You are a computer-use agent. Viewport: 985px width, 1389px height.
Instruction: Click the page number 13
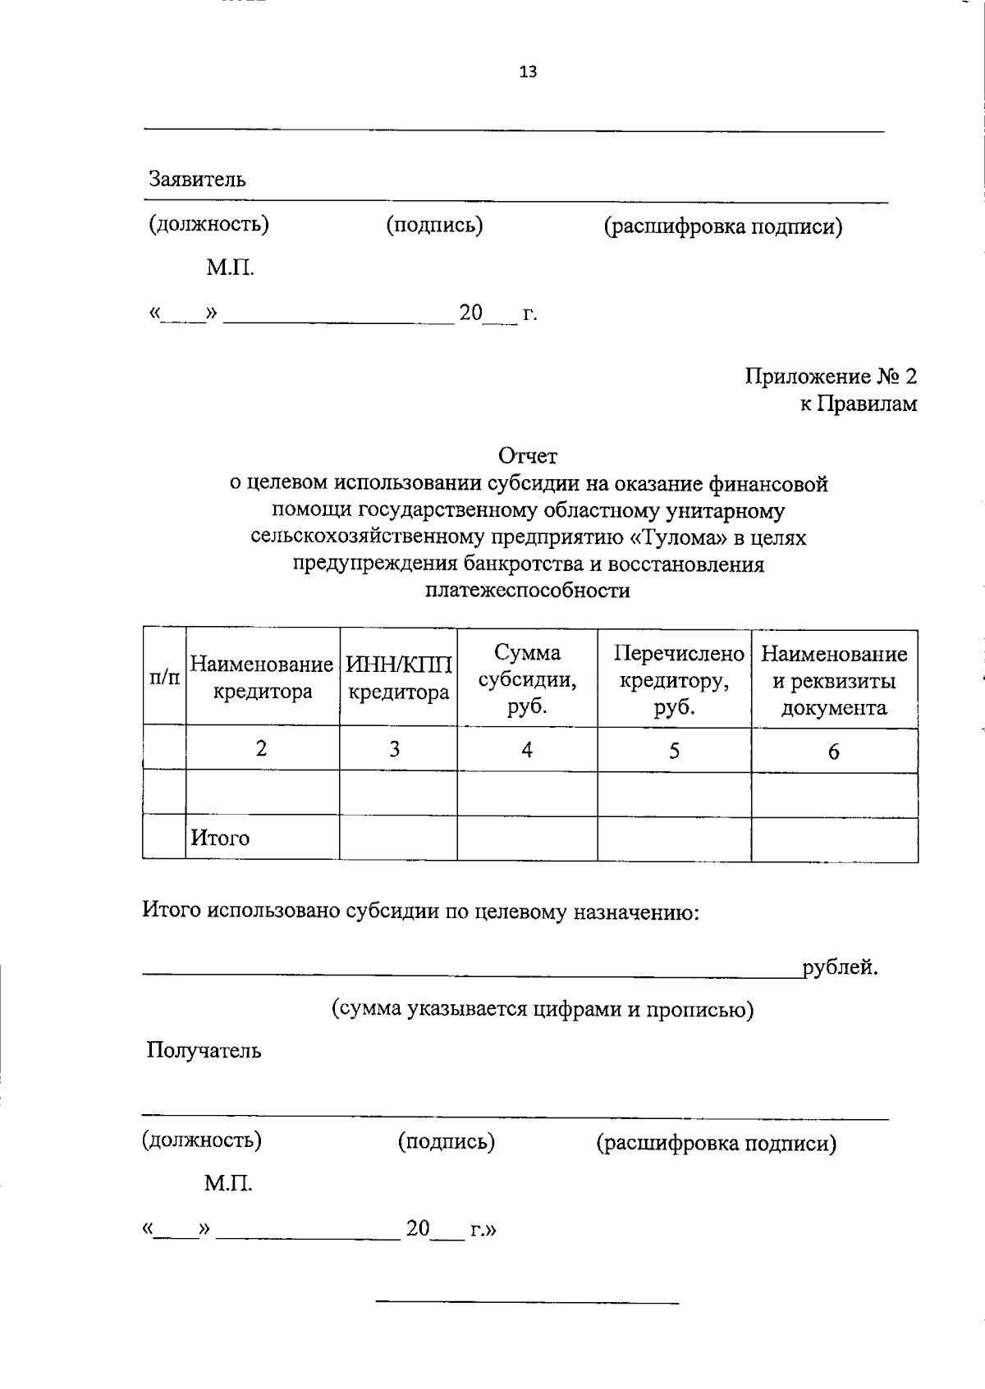tap(528, 72)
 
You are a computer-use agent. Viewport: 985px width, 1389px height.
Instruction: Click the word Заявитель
tap(197, 179)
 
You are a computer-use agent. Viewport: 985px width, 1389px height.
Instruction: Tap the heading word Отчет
tap(528, 455)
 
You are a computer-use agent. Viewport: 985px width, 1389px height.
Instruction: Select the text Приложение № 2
tap(831, 377)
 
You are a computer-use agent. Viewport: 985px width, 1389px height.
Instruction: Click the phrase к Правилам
tap(859, 404)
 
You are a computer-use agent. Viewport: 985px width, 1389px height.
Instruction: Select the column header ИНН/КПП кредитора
tap(399, 678)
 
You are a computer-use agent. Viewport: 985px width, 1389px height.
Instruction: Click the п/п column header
tap(164, 678)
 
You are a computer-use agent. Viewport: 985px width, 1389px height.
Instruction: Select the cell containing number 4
tap(527, 749)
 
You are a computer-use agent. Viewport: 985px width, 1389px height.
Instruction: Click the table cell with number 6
tap(833, 752)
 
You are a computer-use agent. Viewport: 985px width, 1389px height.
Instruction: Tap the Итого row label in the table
tap(220, 838)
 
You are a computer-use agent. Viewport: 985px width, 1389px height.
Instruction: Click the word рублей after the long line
tap(841, 968)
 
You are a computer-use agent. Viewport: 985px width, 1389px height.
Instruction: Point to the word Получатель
tap(204, 1051)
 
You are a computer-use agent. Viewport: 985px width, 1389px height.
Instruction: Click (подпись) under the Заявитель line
tap(434, 225)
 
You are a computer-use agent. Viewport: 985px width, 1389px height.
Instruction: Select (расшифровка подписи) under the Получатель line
tap(716, 1143)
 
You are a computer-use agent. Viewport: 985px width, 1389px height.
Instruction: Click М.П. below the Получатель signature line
tap(228, 1184)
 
